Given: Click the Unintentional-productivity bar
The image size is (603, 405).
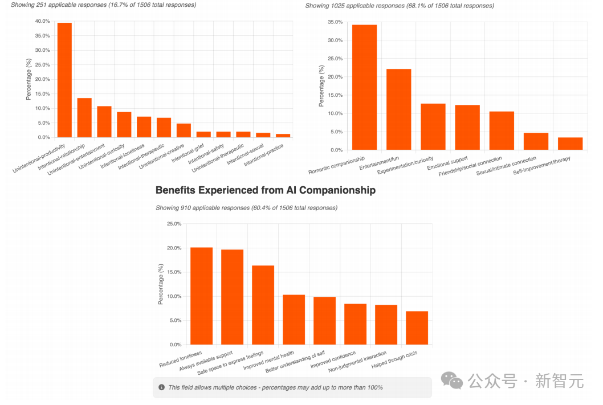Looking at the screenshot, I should pos(64,80).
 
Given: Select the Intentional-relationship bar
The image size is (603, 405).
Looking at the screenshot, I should pos(84,118).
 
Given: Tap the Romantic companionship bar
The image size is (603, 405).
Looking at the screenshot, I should pos(364,88).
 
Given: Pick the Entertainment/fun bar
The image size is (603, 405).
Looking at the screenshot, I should pos(399,109).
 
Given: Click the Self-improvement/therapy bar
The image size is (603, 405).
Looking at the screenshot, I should pos(570,144).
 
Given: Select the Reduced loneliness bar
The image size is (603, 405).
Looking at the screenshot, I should pos(201,296).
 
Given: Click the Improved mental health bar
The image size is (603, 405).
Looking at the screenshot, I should pos(294,320).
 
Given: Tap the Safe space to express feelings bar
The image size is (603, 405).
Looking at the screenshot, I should pos(263,305).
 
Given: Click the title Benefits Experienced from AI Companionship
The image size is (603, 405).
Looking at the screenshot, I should pos(265,190).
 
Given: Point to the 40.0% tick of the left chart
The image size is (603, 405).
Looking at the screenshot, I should pos(42,21).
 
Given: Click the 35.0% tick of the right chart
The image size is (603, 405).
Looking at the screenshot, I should pos(335,22).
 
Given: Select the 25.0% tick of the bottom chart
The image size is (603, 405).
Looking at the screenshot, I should pos(174,224).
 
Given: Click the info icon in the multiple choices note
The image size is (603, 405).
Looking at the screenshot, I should pos(162,387).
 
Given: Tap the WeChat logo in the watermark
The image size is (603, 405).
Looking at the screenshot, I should pos(454,381).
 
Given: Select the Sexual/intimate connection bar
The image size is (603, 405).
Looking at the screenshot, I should pos(536,141).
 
